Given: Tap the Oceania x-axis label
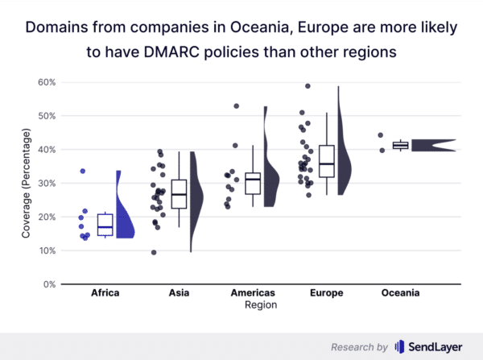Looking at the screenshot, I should coord(400,293).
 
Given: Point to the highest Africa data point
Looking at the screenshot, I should coord(82,171).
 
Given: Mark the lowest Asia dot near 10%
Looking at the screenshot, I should coord(154,252).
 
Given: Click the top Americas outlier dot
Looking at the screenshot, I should coord(236,106).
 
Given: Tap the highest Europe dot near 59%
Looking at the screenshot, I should coord(308,86).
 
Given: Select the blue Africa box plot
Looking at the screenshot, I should coord(105,225).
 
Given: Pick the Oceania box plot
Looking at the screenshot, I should coord(400,145).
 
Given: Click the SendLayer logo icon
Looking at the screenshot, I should coord(400,346).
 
